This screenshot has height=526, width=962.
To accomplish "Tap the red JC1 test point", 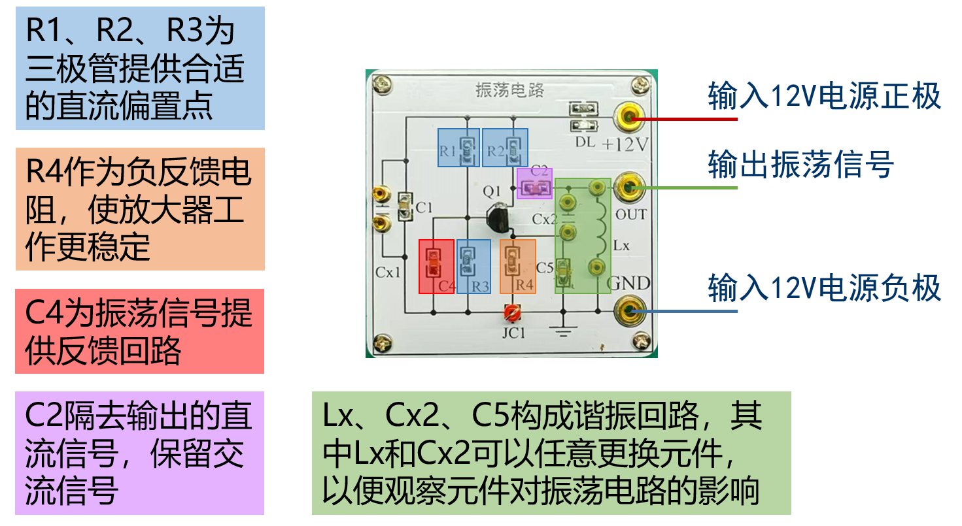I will [x=511, y=314].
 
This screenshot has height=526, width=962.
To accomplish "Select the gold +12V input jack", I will [x=629, y=118].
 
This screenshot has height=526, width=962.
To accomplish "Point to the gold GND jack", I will [x=629, y=310].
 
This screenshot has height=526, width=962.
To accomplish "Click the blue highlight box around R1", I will [x=458, y=147].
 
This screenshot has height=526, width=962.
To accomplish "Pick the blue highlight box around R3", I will [x=473, y=266].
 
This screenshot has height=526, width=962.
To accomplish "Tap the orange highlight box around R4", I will [x=518, y=266].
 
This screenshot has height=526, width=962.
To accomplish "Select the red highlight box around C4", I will [x=436, y=266].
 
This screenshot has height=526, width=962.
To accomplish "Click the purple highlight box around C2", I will [x=534, y=184].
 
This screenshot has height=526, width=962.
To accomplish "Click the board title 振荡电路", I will [x=511, y=90].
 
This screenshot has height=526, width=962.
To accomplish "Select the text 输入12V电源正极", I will [x=824, y=96].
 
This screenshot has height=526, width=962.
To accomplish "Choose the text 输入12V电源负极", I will [x=824, y=288].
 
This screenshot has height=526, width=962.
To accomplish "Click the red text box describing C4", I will [x=139, y=331].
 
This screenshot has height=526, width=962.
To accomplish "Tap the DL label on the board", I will [x=585, y=142].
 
